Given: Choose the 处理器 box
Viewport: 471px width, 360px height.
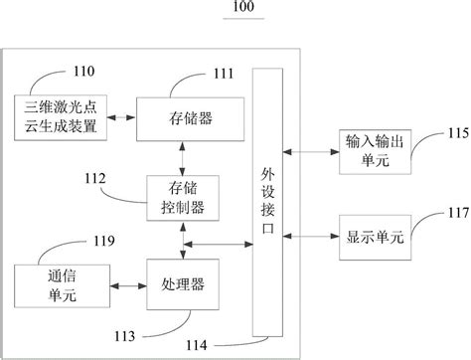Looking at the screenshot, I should (182, 283).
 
